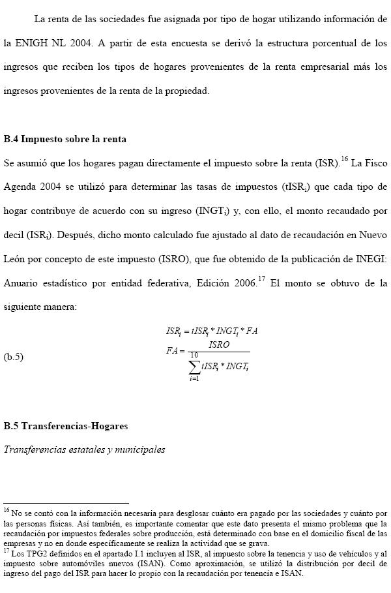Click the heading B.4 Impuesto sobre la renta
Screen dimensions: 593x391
(x=65, y=139)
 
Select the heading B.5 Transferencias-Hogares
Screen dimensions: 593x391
(x=65, y=426)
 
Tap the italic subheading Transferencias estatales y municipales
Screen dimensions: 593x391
(x=84, y=449)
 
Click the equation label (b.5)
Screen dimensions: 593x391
(x=14, y=356)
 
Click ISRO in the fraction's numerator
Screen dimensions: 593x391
(x=220, y=344)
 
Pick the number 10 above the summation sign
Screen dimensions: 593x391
(x=194, y=354)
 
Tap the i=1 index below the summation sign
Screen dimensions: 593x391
(x=194, y=379)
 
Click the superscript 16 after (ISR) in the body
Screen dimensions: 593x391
(x=345, y=159)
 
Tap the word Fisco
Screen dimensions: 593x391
(x=374, y=162)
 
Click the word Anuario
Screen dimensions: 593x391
(x=22, y=284)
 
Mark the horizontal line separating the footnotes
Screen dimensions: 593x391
(x=66, y=503)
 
